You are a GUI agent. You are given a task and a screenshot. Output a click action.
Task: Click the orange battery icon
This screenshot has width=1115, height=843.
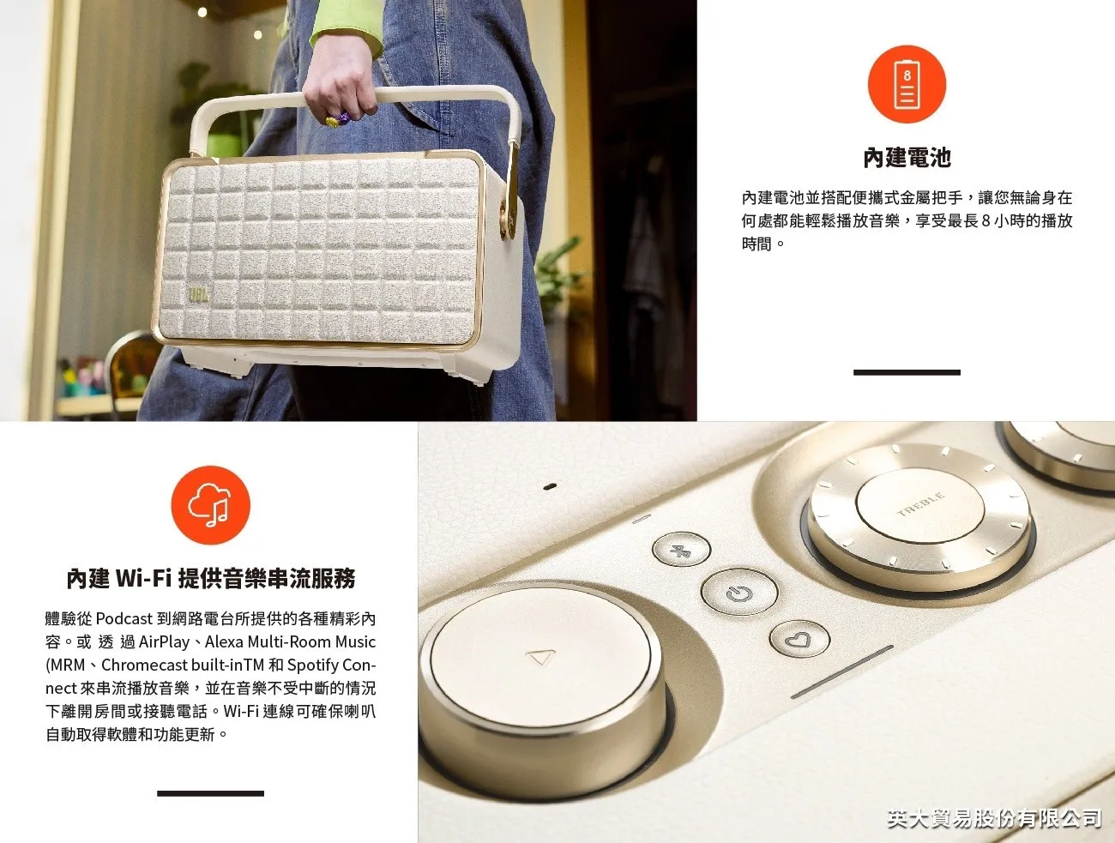click(x=907, y=84)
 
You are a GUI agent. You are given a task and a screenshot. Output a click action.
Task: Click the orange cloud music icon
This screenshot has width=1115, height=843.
click(x=210, y=505)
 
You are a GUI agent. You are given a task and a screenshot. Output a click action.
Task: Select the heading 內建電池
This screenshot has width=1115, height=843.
click(x=907, y=158)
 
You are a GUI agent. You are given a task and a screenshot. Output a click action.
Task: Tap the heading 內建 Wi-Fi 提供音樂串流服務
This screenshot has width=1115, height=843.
click(x=210, y=579)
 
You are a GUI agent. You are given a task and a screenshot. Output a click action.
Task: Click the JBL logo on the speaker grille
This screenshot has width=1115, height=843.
click(x=199, y=295)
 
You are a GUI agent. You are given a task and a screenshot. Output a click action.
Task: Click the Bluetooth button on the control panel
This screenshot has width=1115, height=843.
click(x=681, y=550)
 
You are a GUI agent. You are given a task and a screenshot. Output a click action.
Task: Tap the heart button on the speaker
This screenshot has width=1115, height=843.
click(x=799, y=640)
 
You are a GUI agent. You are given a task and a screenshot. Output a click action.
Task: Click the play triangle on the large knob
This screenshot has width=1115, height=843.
click(x=540, y=658)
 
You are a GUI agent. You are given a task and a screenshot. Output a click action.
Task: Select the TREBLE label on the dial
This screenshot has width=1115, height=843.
click(x=920, y=505)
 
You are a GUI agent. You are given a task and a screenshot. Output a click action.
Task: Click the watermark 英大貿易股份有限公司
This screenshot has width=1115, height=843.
click(x=993, y=818)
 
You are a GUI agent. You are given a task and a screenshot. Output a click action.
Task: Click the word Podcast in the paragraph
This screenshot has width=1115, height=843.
click(x=124, y=618)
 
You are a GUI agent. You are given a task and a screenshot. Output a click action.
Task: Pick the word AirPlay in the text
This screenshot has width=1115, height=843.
click(x=164, y=641)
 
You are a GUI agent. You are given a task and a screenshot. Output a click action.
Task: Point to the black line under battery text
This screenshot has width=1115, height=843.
click(x=907, y=372)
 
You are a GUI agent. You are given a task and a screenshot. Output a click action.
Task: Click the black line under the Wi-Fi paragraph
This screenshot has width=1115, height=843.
click(x=210, y=793)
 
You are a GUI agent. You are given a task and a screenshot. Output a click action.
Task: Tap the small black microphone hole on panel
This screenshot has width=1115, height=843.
click(x=551, y=486)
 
